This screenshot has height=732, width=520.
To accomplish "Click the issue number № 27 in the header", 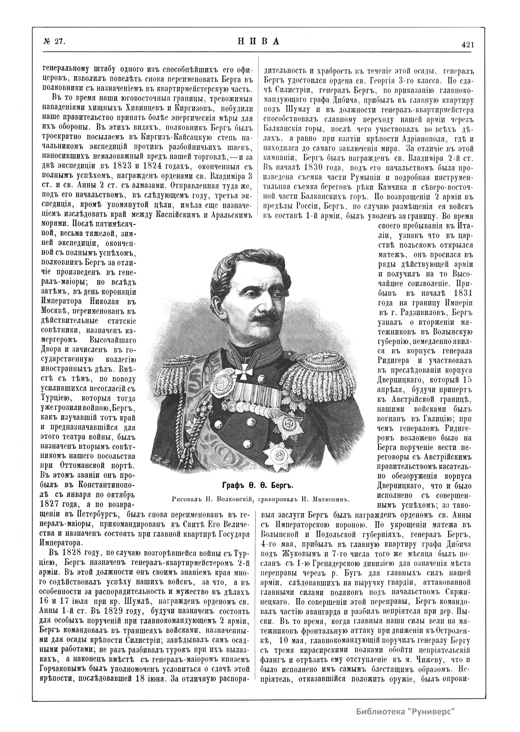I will point(54,42).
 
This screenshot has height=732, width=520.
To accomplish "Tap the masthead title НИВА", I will point(258,41).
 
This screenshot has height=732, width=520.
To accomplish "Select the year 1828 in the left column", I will point(71,553).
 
